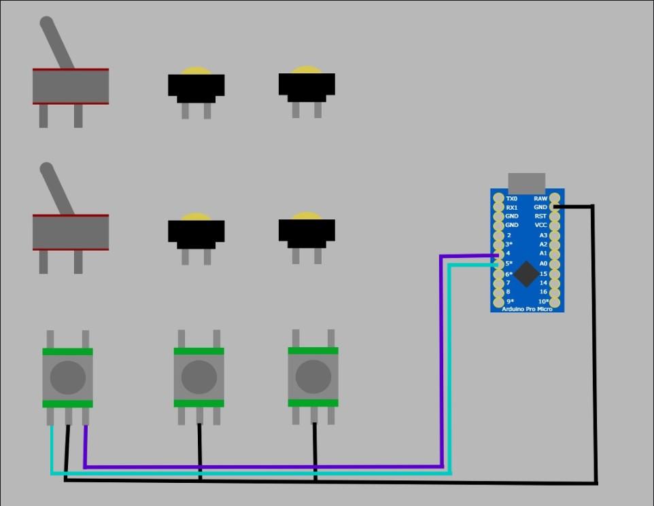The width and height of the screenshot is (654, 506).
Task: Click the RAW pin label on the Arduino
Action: coord(540,199)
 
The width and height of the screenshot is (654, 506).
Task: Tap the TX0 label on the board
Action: coord(511,199)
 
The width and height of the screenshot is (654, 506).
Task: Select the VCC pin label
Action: coord(540,225)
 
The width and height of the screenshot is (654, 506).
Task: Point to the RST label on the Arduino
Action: coord(540,216)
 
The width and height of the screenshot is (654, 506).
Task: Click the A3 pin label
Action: coord(543,235)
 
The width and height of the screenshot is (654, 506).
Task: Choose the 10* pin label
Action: coord(544,302)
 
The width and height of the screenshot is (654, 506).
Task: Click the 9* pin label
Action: coord(509,302)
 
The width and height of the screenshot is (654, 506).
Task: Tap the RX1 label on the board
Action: coord(511,208)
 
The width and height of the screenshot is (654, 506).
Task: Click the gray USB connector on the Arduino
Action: coord(526,182)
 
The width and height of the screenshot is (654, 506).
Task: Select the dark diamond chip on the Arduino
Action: coord(526,274)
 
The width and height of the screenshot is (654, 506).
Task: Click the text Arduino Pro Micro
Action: coord(527,309)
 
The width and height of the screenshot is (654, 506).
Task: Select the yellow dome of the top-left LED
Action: coord(196,71)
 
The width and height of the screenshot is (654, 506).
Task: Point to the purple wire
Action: coord(272,467)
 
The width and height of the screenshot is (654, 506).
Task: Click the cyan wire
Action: coord(272,473)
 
